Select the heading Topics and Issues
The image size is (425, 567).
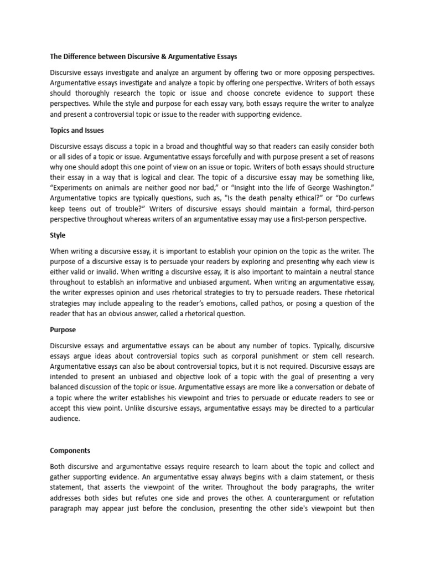pos(77,131)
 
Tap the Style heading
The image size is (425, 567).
pos(58,235)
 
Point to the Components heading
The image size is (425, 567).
pos(70,451)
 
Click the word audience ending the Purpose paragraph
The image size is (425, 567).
pos(65,419)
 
